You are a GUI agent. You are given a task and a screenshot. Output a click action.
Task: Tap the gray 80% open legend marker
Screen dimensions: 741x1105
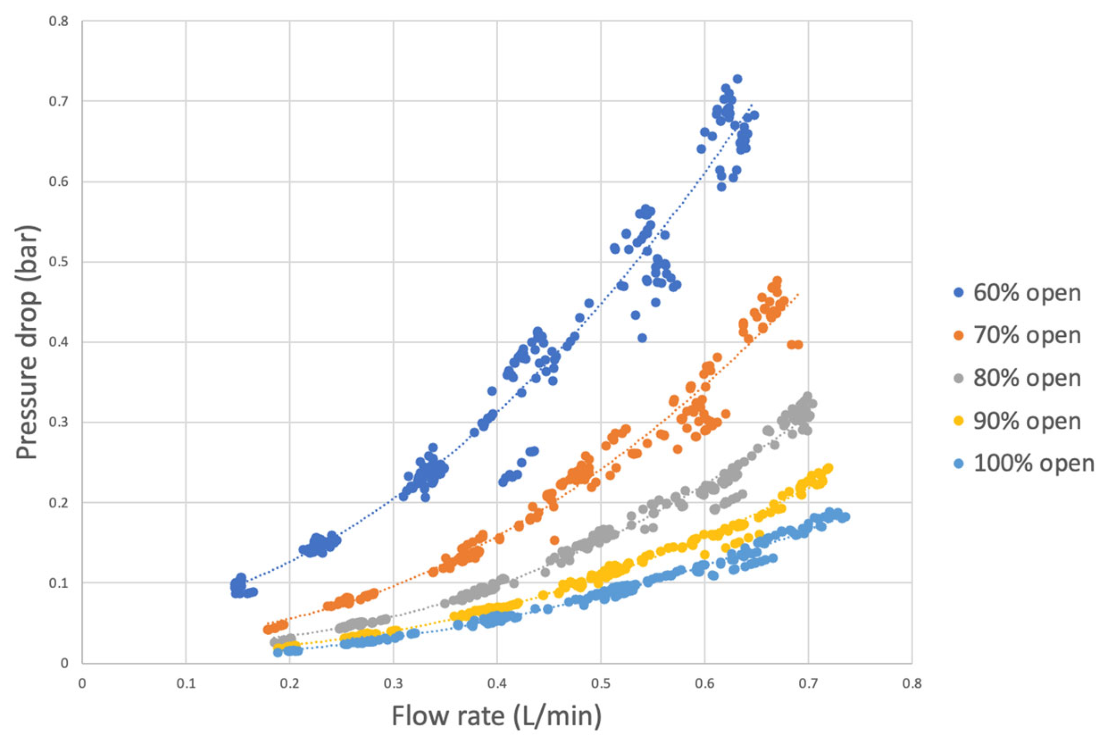click(x=959, y=378)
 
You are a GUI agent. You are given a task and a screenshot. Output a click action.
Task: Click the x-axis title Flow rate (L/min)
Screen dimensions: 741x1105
click(x=496, y=715)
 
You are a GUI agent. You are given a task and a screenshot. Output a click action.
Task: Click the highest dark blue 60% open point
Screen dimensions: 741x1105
click(x=737, y=79)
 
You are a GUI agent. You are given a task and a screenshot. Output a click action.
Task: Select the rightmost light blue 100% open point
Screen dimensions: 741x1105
click(x=845, y=517)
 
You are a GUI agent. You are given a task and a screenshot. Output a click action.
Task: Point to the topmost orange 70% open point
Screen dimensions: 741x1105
click(x=777, y=280)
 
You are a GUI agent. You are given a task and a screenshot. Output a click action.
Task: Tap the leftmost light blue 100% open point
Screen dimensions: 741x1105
click(x=278, y=653)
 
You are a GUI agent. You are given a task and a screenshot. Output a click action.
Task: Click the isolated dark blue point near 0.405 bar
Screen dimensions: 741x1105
click(x=642, y=338)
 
